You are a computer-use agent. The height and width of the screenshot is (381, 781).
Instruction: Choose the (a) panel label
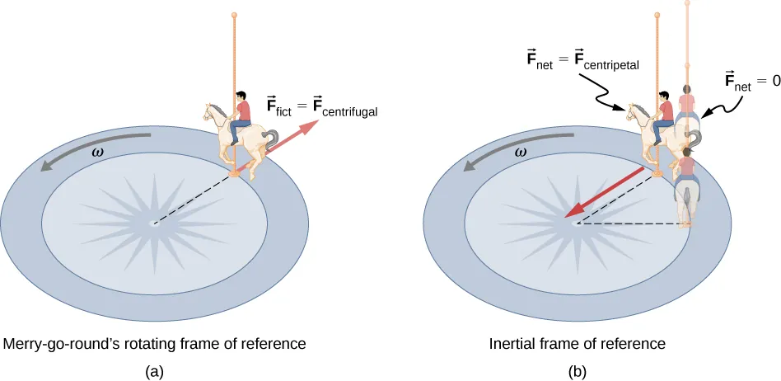pyautogui.click(x=154, y=371)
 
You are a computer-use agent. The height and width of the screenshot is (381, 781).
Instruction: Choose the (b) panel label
pyautogui.click(x=578, y=371)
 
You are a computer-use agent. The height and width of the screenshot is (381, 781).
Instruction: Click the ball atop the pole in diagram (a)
pyautogui.click(x=235, y=16)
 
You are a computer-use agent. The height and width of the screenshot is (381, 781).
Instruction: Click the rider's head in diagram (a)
pyautogui.click(x=241, y=96)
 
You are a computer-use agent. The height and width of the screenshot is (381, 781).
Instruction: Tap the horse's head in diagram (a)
pyautogui.click(x=213, y=110)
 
